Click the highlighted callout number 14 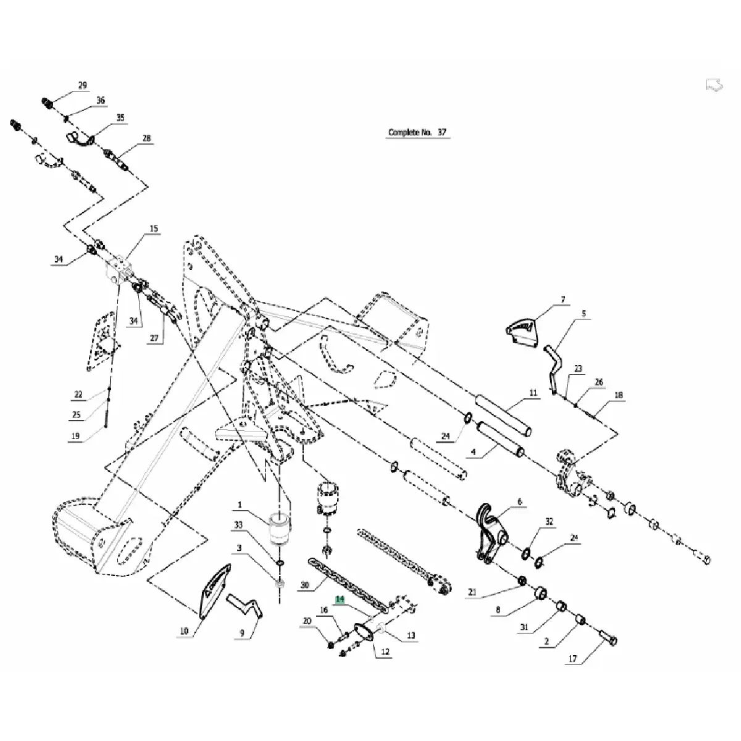click(340, 599)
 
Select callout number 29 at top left click(83, 85)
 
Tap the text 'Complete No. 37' click(417, 132)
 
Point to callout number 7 click(563, 300)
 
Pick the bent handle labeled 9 click(245, 605)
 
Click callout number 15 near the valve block click(154, 228)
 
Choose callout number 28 click(146, 138)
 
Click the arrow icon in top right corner click(714, 86)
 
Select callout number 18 click(618, 395)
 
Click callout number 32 click(549, 522)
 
